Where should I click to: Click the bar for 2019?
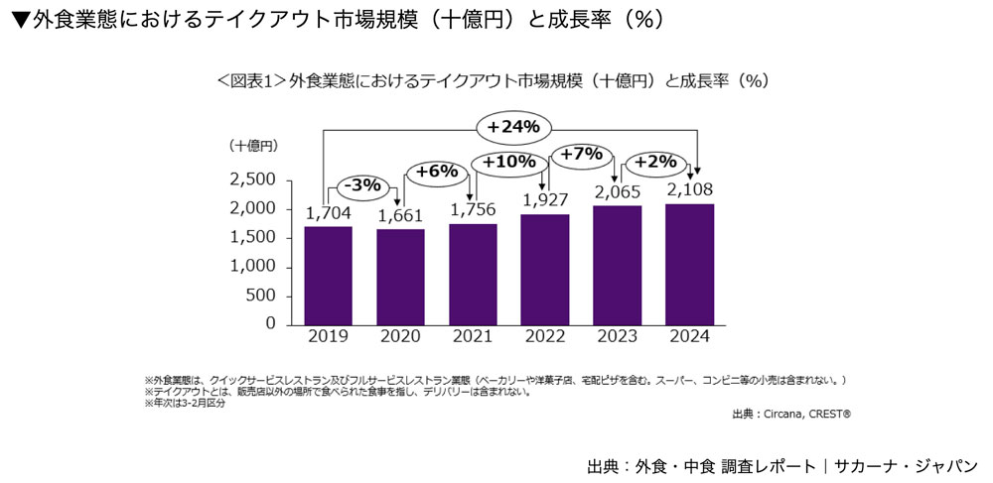329,275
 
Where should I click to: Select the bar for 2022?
544,269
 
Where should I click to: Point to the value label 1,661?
400,215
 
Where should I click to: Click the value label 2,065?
617,191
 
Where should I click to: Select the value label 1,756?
473,209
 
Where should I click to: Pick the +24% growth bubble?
512,126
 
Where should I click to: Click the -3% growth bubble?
361,185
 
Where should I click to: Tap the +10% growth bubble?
509,161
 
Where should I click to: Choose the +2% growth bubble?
655,162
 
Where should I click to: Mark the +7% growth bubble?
582,154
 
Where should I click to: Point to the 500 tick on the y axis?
261,295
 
